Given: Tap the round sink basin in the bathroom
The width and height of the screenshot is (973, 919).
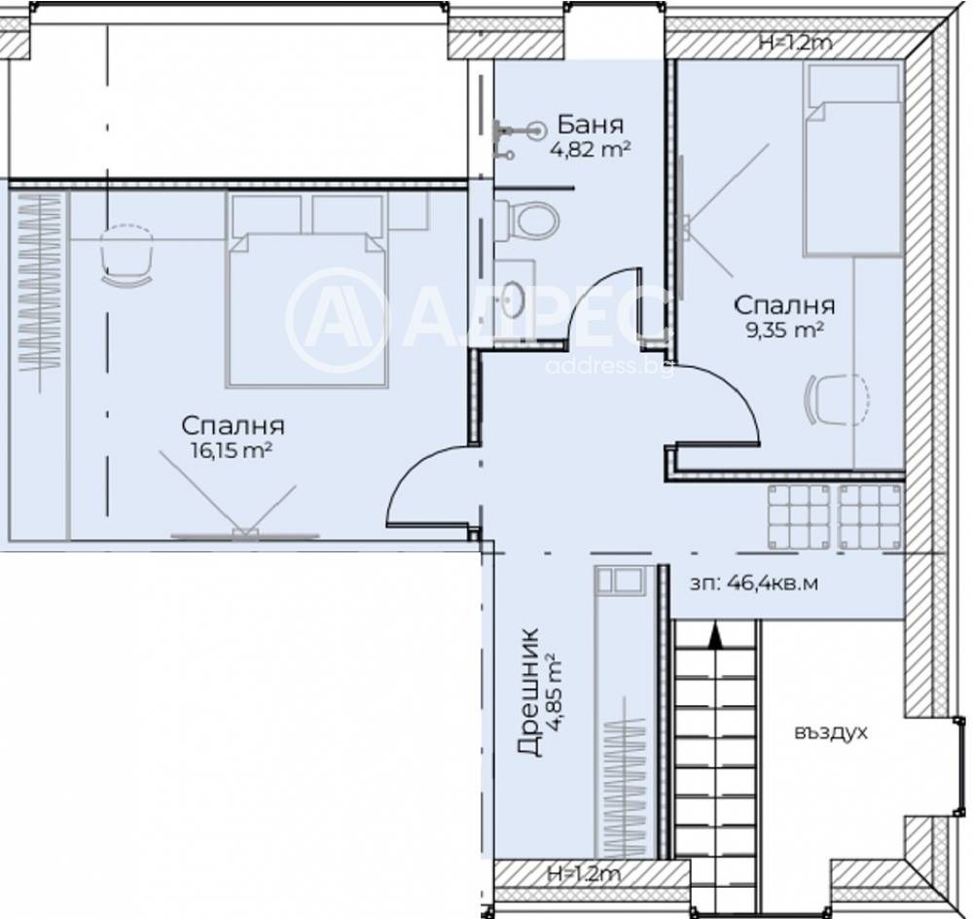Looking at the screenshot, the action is point(513,300).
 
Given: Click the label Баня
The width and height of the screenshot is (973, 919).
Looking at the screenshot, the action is point(591,124).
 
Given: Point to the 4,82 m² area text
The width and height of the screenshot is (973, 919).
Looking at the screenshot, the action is point(591,150).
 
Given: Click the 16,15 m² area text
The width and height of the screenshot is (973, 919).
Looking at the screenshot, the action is point(233,450).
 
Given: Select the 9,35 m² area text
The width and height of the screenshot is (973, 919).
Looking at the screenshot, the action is point(783,330).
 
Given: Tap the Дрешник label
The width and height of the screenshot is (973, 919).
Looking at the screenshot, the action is point(528,692).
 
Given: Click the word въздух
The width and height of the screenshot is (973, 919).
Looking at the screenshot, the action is point(830,733).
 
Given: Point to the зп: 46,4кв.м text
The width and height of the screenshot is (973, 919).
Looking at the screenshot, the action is point(753,583).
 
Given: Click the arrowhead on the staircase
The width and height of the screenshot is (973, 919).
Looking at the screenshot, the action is point(715,637).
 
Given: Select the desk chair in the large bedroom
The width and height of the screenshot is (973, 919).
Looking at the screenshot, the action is point(127,256).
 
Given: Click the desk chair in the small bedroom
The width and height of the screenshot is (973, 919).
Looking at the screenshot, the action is point(836,400).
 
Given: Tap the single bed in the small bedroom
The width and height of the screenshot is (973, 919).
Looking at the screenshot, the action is point(852,160).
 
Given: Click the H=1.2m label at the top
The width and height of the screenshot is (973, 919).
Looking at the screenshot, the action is point(796,43).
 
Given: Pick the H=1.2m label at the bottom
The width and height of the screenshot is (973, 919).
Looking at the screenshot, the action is point(583,875).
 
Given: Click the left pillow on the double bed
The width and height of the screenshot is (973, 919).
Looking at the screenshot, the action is point(267,215).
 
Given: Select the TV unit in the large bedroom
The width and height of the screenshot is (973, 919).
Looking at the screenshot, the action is point(244,535).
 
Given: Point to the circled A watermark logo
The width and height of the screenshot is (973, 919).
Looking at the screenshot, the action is point(336,320).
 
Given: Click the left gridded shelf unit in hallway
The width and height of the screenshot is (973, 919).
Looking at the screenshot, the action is point(799,517).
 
